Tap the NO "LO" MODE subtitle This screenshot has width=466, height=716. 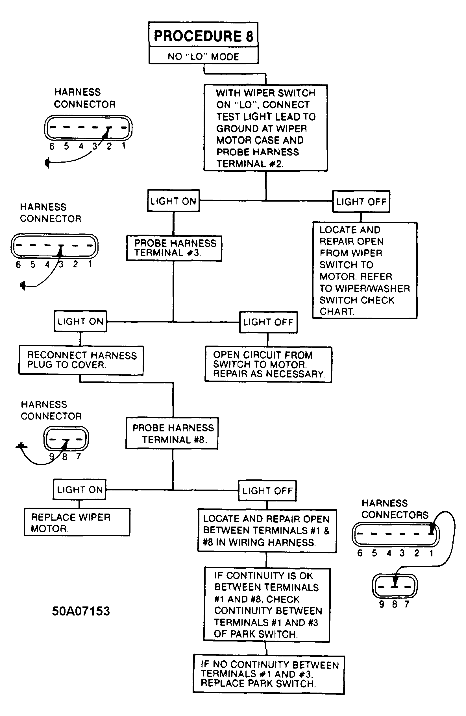click(203, 56)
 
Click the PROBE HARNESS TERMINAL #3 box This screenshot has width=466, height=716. click(174, 248)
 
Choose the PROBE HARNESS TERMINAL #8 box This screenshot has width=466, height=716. click(172, 433)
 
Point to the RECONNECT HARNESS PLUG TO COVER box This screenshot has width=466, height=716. click(81, 360)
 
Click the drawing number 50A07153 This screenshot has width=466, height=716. click(81, 611)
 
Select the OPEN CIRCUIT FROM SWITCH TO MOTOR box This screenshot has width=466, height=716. click(268, 364)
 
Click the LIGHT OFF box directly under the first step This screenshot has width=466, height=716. click(361, 202)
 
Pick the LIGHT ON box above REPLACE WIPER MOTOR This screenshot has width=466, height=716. click(79, 490)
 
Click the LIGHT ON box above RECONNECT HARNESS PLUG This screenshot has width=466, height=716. click(80, 321)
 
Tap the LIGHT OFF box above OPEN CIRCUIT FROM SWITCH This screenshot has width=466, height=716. click(268, 322)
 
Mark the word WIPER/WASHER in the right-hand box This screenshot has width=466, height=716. click(373, 289)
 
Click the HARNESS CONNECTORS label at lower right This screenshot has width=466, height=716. click(395, 509)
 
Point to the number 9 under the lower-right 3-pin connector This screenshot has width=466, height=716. click(382, 604)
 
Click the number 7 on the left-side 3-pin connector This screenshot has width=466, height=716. click(79, 456)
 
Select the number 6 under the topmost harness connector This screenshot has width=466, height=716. click(52, 146)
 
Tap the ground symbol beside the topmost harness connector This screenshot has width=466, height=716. click(47, 163)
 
